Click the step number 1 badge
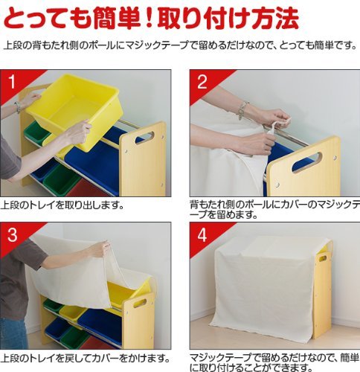(12, 82)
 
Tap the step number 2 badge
(202, 82)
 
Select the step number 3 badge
(12, 234)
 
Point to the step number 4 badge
(202, 234)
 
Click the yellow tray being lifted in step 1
(74, 110)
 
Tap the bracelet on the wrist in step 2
(242, 109)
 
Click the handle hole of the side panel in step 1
(144, 138)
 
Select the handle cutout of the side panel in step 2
(306, 162)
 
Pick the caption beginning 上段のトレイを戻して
(86, 359)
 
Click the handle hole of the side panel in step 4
(323, 258)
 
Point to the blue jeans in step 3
(13, 333)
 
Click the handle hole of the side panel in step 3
(141, 303)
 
